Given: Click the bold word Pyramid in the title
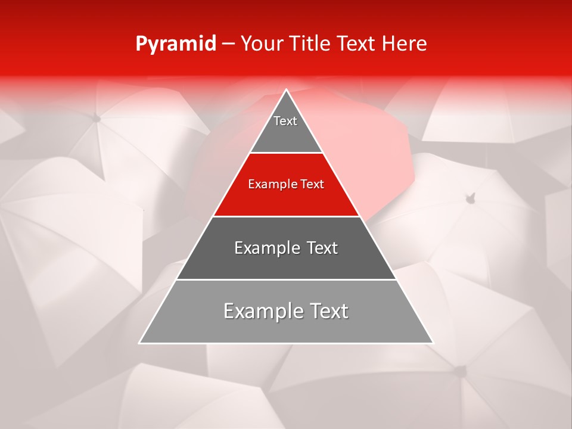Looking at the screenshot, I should (175, 44).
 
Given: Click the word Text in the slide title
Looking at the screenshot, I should (357, 43).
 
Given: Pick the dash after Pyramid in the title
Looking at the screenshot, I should (228, 44).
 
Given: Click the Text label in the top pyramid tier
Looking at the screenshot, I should (285, 121).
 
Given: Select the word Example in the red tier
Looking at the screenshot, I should (271, 184).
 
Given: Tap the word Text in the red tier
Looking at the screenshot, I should (311, 184).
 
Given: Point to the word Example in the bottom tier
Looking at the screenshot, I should (260, 311).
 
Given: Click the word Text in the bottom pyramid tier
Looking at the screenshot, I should (326, 311).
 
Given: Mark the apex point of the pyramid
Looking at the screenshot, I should (286, 90).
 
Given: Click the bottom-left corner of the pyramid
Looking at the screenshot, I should (140, 343).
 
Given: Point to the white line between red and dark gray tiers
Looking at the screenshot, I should (286, 216).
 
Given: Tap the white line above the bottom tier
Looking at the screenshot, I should (286, 279).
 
